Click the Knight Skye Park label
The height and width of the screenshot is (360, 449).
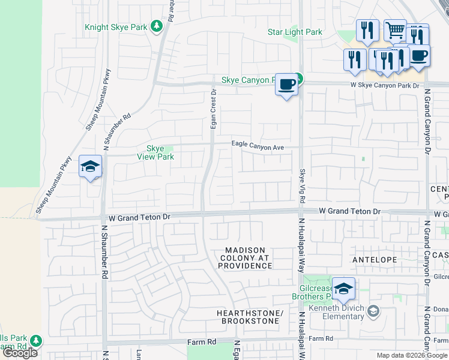coord(116,27)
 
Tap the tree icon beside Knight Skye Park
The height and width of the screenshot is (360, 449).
coord(157,26)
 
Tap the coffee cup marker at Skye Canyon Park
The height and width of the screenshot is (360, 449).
coord(287,85)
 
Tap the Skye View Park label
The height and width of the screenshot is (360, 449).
coord(155,152)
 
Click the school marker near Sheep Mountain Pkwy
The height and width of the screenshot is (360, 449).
coord(90,167)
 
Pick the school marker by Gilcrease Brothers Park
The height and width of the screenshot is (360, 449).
coord(343,290)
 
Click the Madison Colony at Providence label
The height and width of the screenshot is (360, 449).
coord(245,257)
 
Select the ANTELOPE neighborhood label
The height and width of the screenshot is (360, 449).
coord(372,260)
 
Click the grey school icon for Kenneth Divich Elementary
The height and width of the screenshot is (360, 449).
coord(373,310)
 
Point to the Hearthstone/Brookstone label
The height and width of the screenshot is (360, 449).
coord(249,317)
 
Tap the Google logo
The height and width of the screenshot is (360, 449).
coord(20,353)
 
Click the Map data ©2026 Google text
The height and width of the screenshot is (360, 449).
coord(412,355)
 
